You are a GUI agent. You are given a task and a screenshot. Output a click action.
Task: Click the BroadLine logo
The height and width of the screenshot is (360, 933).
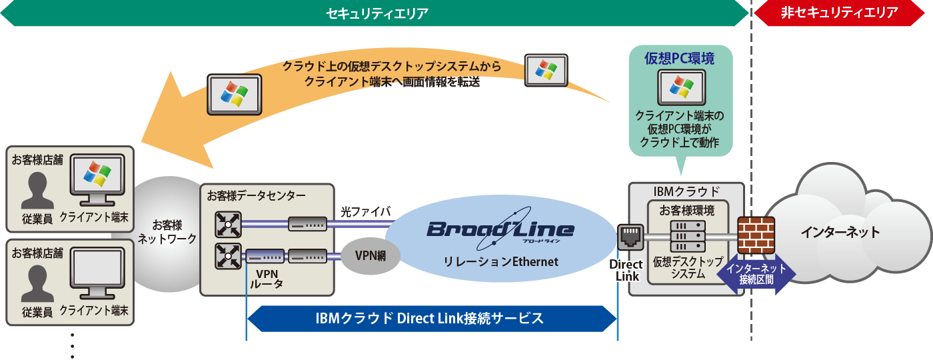coord(500,230)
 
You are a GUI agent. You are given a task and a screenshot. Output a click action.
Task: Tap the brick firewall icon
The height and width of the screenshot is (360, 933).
coord(756,233)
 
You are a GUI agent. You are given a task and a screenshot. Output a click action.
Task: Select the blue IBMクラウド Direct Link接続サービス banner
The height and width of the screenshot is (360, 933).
coord(430,319)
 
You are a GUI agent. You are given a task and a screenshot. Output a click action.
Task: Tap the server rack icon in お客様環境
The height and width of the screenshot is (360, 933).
coord(686,237)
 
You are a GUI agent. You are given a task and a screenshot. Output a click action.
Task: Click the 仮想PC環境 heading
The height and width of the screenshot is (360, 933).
coord(680,59)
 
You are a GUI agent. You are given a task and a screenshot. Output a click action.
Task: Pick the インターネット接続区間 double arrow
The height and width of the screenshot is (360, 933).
coord(756,274)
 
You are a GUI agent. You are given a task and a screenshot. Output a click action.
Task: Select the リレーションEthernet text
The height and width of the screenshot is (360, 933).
coord(500,262)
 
